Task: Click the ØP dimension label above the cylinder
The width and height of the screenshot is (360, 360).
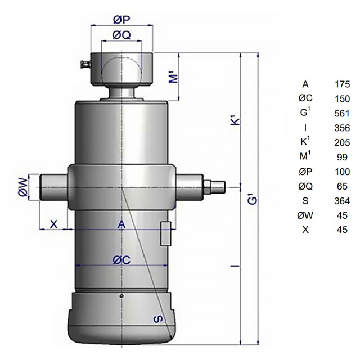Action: coord(121,20)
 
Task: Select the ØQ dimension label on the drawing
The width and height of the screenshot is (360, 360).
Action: coord(121,35)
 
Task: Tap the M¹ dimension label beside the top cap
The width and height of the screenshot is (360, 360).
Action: coord(174,77)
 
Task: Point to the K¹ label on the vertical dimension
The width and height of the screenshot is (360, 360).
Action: coord(235,121)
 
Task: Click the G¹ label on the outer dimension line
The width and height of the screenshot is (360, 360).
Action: coord(253,200)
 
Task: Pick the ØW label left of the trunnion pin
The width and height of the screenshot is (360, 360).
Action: coord(23,187)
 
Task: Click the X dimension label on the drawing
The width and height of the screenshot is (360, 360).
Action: coord(53,224)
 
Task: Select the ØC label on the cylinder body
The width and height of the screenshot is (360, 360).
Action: coord(121,260)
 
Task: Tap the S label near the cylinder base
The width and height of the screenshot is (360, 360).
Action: coord(158,319)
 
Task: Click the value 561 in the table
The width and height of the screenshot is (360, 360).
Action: coord(342,114)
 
